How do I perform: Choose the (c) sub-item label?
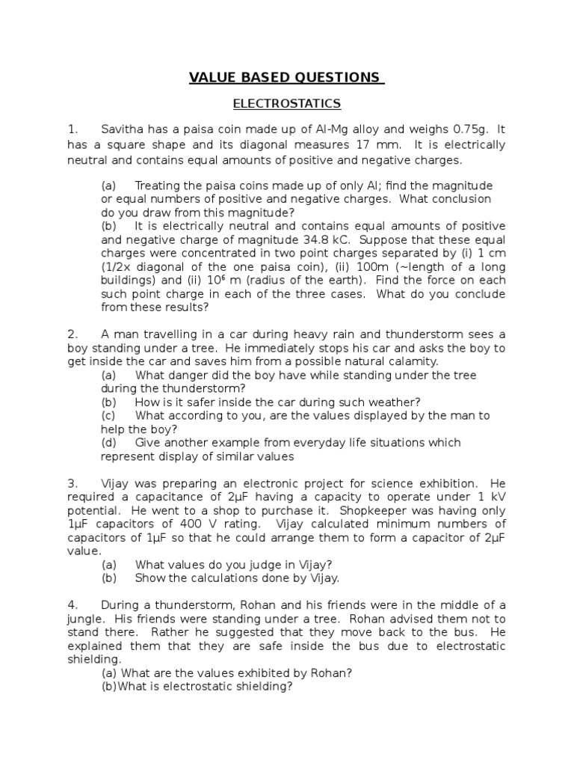(109, 415)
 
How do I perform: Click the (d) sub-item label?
(109, 442)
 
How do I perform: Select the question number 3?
(72, 482)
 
